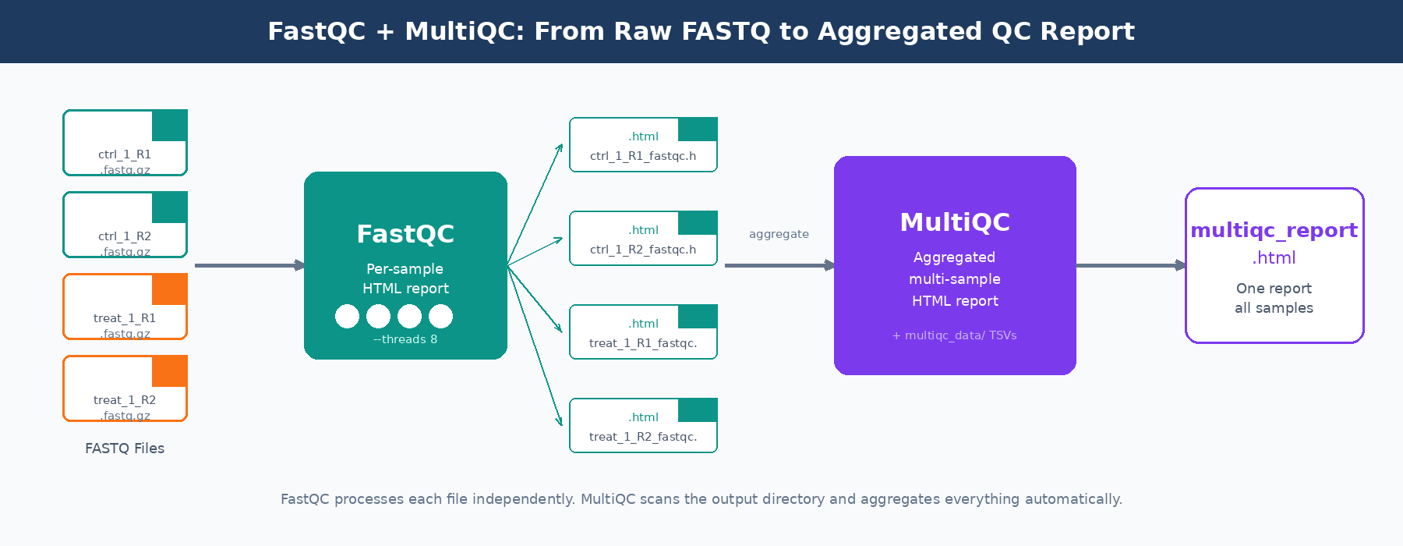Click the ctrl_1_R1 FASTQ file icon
click(125, 143)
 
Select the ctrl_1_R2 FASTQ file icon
click(125, 225)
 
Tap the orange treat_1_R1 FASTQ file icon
click(125, 307)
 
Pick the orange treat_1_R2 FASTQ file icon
click(125, 388)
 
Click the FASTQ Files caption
click(125, 448)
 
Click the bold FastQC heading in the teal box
click(405, 234)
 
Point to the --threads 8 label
click(405, 339)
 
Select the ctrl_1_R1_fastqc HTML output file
click(643, 145)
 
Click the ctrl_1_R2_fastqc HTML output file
click(643, 239)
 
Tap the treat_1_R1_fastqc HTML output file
click(643, 332)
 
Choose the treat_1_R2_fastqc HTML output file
click(643, 426)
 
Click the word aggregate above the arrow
click(779, 234)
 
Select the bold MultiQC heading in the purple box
click(955, 222)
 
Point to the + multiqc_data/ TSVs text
click(955, 335)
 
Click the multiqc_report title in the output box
click(1274, 230)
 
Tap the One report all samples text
click(1274, 298)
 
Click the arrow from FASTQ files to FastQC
click(249, 265)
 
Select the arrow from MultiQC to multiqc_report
click(1130, 265)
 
